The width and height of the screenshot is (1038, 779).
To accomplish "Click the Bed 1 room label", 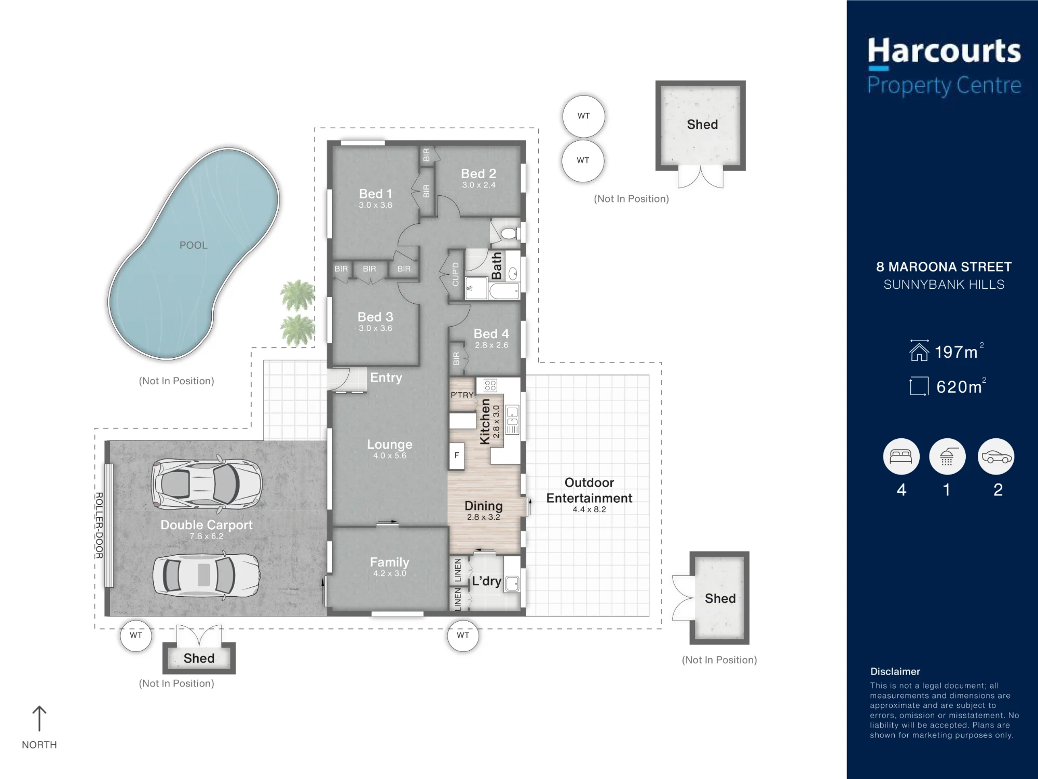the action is click(376, 194).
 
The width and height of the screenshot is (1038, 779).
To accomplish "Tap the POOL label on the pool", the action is click(194, 245).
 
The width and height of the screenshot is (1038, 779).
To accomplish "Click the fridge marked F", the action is click(457, 455).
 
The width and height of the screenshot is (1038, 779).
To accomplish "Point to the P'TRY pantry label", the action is click(462, 395).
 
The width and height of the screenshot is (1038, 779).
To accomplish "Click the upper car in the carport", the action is click(207, 483).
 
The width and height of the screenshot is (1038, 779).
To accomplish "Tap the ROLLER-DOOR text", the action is click(99, 526).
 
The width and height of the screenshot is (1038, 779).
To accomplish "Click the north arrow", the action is click(39, 718).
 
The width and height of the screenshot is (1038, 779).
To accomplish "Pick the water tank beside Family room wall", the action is click(463, 636).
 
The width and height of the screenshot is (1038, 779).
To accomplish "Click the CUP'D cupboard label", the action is click(455, 274).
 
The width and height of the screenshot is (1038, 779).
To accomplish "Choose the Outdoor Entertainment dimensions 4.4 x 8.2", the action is click(590, 509).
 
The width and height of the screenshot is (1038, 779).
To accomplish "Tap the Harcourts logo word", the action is click(944, 51).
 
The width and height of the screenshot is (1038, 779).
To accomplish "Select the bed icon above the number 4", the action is click(902, 456).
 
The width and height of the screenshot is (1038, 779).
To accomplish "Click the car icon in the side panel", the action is click(996, 456).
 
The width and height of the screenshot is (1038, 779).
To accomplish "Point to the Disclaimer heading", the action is click(895, 671).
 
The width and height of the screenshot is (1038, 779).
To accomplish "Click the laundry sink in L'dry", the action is click(512, 584).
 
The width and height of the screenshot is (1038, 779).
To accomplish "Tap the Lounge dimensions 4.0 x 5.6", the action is click(390, 455).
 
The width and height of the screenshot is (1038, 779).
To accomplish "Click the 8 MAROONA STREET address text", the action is click(944, 267).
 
